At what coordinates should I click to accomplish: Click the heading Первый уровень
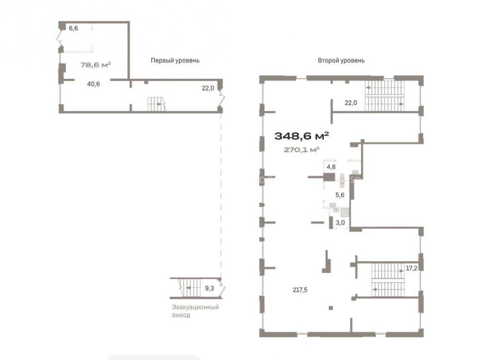tap(175, 60)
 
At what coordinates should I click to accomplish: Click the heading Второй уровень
tap(341, 60)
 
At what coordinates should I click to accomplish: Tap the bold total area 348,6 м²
tap(301, 136)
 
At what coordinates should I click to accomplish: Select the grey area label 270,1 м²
tap(301, 150)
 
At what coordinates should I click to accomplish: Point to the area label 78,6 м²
tap(96, 65)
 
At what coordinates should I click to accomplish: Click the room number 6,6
tap(73, 28)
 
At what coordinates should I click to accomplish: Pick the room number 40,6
tap(94, 84)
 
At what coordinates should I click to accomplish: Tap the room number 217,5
tap(300, 289)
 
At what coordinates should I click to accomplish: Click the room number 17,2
tap(411, 268)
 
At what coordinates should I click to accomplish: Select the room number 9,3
tap(209, 288)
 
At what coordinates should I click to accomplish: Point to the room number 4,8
tap(331, 167)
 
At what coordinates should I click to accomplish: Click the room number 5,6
tap(340, 195)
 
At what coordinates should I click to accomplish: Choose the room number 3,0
tap(340, 223)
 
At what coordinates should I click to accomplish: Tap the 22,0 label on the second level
tap(351, 103)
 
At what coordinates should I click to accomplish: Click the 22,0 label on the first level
tap(208, 88)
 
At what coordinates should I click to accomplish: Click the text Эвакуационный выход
tap(195, 311)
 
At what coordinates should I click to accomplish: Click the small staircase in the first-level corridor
tap(156, 104)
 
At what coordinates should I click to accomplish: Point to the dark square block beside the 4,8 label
tap(329, 177)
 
